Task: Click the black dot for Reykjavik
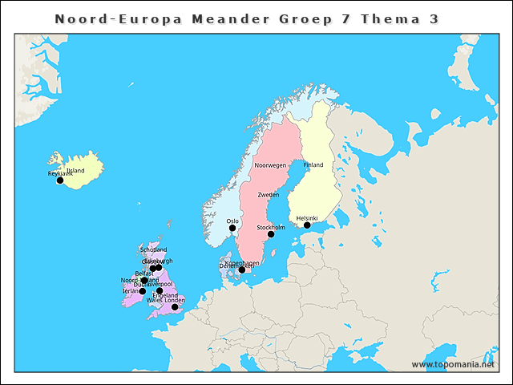[60, 180]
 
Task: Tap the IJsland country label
[75, 171]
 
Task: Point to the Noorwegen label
[270, 165]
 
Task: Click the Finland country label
[313, 165]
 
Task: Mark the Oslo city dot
[232, 229]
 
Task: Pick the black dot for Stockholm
[271, 234]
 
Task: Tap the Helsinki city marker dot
[307, 225]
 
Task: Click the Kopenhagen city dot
[242, 270]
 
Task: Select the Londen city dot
[175, 307]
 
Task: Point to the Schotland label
[153, 250]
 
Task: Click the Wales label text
[154, 300]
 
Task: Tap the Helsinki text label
[307, 218]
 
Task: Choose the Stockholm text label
[271, 228]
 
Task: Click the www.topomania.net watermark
[454, 365]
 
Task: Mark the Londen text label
[175, 300]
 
